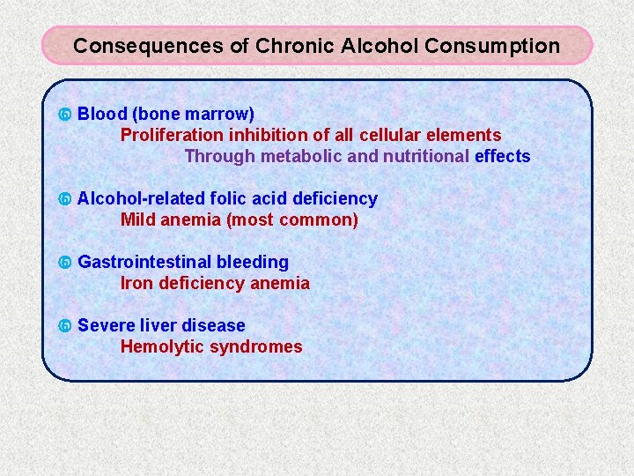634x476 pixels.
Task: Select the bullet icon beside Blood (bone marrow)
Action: [x=63, y=115]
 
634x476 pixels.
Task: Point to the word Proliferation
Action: [x=172, y=136]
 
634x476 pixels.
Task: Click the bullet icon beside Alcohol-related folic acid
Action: [x=63, y=200]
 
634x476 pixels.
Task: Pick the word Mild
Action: [x=138, y=220]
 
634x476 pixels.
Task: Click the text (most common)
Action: [x=291, y=220]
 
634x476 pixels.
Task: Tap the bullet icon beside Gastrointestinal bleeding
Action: [x=63, y=264]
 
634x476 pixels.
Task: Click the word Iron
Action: [x=136, y=284]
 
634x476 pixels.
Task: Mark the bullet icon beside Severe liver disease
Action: [x=63, y=327]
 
